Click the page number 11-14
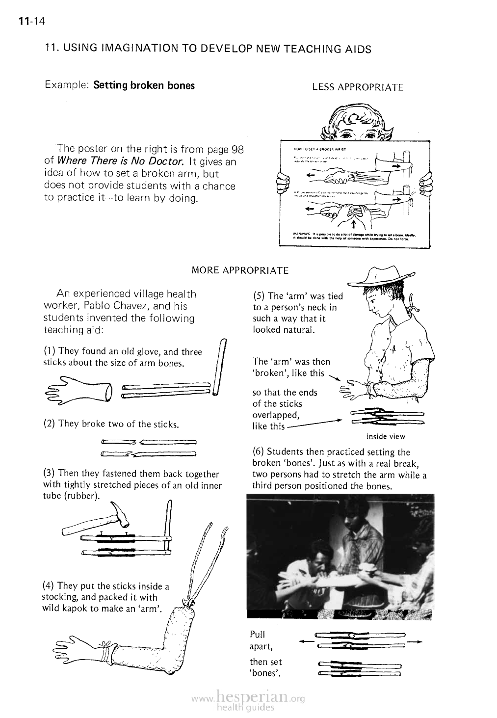(x=30, y=21)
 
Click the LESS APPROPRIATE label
(x=358, y=87)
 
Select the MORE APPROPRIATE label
(x=240, y=270)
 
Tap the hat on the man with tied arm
(x=381, y=277)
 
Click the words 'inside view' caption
(x=386, y=436)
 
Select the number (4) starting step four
(x=49, y=586)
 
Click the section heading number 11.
(x=49, y=49)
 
